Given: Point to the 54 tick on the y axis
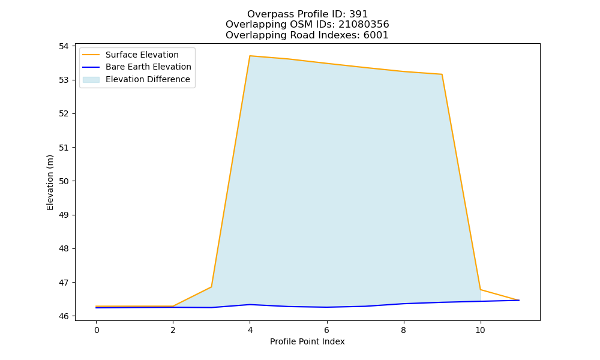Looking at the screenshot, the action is [63, 46].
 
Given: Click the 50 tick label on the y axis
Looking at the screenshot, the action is [63, 181].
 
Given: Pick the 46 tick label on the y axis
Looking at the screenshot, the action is [63, 316].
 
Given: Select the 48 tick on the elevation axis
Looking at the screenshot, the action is [63, 248].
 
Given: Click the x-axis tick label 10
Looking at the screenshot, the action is [480, 330].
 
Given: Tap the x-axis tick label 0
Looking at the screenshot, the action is [97, 330].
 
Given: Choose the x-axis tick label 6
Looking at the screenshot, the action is [327, 330].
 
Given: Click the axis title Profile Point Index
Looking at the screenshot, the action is [307, 341].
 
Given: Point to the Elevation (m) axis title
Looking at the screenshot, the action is [50, 182].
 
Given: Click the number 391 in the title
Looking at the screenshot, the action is [359, 14].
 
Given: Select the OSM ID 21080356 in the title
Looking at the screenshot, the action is [364, 25].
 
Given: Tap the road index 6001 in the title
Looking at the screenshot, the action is [376, 35].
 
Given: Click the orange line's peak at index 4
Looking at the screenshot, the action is [250, 56].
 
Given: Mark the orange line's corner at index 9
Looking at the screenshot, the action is [442, 74].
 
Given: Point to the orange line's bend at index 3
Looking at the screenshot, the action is [212, 287].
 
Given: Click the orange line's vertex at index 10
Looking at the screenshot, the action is [480, 290].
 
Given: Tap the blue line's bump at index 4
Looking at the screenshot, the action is [250, 305].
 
